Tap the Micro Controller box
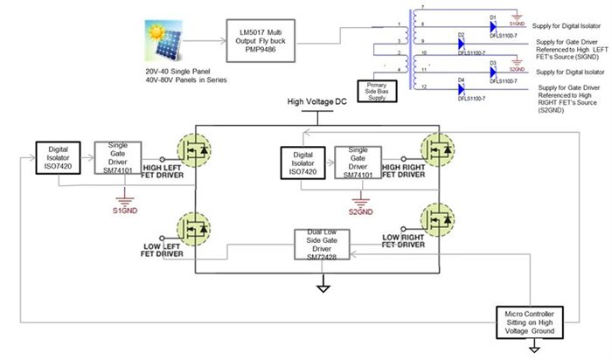(x=531, y=320)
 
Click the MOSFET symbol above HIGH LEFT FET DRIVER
(x=196, y=149)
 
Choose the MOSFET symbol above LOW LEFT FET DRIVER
(x=196, y=229)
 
